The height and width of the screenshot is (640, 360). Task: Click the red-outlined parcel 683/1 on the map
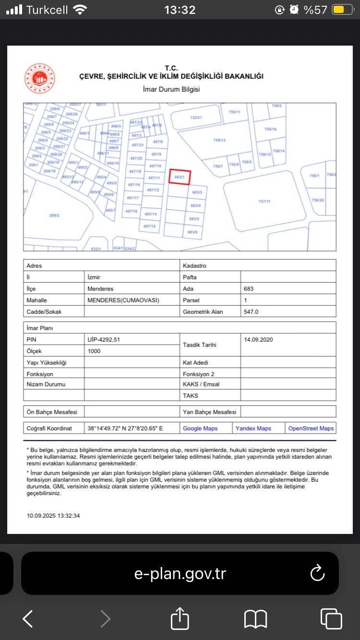180,177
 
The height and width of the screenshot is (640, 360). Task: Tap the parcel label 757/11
264,201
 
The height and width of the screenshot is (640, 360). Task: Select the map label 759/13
219,140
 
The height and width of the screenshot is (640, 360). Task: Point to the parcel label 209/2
54,215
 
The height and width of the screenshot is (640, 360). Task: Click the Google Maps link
200,428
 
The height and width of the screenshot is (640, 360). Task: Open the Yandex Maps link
253,428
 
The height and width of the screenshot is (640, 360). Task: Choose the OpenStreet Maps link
311,428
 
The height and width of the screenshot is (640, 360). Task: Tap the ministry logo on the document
40,79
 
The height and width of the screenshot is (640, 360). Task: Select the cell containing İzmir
94,277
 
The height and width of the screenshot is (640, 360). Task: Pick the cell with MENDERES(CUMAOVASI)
123,300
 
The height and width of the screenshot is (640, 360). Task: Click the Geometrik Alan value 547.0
251,312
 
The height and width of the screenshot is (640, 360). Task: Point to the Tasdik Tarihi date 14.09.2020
258,340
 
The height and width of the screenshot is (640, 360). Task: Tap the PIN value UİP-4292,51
104,340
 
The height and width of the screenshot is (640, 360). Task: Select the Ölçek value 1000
94,351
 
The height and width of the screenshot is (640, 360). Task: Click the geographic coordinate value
125,428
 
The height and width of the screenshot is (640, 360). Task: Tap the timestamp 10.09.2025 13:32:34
53,516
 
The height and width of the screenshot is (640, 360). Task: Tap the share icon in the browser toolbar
180,619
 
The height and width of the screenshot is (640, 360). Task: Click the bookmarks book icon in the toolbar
255,619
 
